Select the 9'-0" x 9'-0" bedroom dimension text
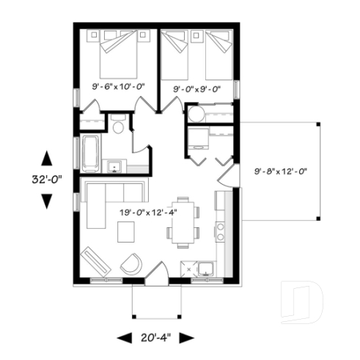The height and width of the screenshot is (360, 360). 196,87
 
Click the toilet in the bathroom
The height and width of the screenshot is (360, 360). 119,126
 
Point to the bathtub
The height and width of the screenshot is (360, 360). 91,152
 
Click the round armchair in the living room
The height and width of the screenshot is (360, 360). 133,262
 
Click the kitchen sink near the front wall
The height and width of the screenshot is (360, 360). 205,268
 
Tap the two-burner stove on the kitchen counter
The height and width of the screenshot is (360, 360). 220,232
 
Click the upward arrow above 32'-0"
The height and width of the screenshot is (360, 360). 46,157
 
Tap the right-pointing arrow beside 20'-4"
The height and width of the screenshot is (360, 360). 186,337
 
